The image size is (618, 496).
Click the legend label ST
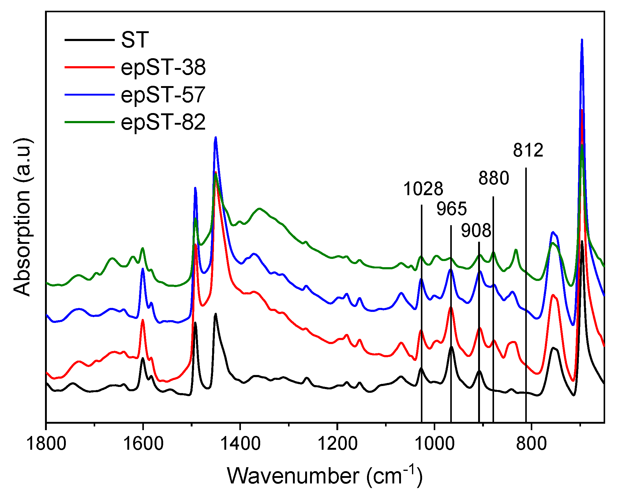(135, 40)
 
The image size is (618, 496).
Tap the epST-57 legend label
(163, 95)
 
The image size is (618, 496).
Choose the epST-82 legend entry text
(163, 122)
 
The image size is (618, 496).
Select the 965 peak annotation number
(451, 209)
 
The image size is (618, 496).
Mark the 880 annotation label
(494, 178)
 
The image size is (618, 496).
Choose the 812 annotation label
(528, 150)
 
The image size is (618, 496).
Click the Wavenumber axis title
(324, 476)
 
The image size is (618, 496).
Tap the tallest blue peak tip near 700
(582, 40)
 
